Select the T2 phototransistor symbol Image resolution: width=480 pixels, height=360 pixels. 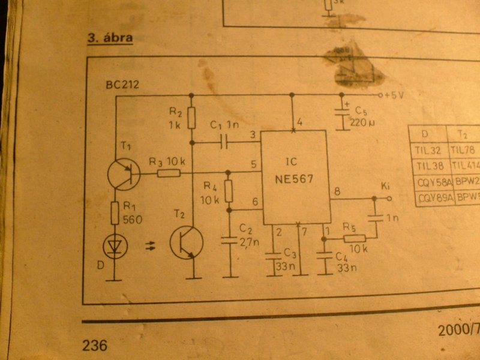click(x=187, y=242)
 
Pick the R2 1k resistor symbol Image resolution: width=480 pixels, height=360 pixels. click(x=191, y=118)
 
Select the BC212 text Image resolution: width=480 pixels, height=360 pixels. click(x=122, y=85)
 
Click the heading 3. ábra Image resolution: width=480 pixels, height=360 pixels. click(x=110, y=38)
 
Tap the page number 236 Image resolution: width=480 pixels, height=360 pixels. click(x=95, y=345)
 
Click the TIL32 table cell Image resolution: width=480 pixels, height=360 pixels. click(x=427, y=149)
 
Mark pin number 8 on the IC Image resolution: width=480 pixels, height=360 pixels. click(x=337, y=192)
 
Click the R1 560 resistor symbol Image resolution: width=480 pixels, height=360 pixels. click(x=115, y=213)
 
